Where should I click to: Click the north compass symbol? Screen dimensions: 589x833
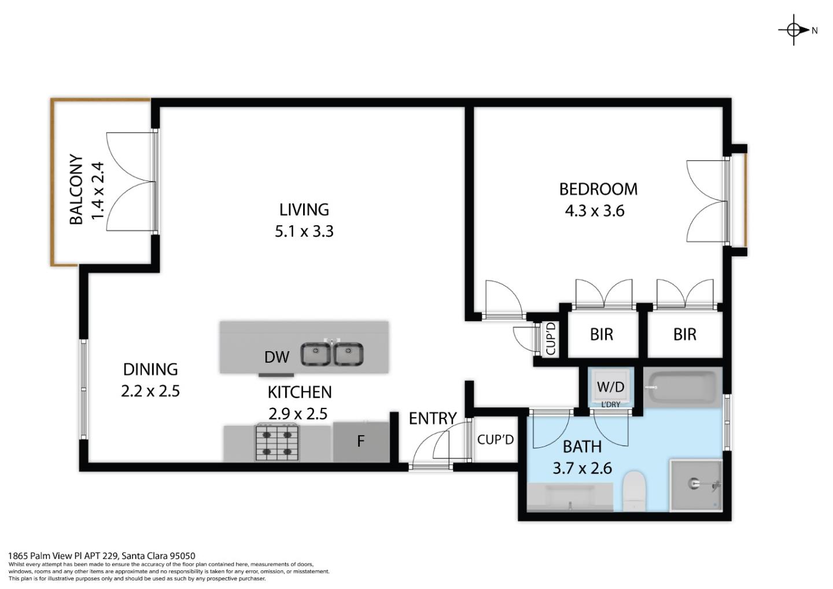click(794, 30)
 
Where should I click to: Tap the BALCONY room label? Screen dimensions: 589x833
click(76, 189)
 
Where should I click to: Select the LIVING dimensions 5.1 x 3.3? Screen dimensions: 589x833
click(304, 231)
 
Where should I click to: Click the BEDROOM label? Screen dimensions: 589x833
click(598, 189)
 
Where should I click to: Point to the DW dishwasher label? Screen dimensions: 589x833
click(277, 357)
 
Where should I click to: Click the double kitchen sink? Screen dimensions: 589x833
click(332, 354)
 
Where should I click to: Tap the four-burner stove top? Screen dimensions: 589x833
click(277, 443)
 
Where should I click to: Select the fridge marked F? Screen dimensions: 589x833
click(361, 441)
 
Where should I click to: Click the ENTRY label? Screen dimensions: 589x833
click(432, 418)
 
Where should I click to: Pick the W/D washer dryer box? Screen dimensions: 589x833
click(610, 386)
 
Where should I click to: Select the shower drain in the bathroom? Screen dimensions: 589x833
click(694, 484)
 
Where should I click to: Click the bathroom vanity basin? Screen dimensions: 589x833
click(570, 499)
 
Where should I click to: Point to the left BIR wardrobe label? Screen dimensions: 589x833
click(602, 334)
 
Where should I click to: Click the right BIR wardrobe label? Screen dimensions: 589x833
click(685, 334)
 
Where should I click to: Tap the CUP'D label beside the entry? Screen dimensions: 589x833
click(495, 440)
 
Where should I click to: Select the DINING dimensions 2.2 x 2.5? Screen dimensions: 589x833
click(150, 391)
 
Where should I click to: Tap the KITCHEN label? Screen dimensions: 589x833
click(299, 392)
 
